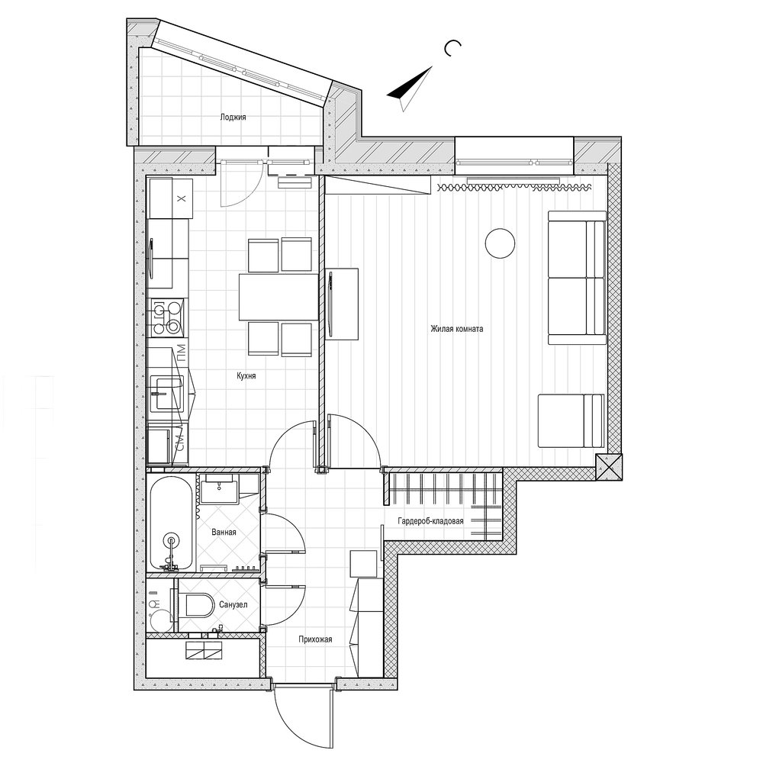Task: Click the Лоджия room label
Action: [233, 118]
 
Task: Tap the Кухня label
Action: [246, 375]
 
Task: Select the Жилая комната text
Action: [456, 329]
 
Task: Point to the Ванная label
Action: [224, 532]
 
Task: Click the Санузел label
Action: [233, 605]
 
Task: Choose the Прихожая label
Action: [315, 639]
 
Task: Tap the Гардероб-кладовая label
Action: [430, 521]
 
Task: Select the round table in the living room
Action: [500, 243]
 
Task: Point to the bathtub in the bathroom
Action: [171, 524]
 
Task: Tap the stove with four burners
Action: [167, 317]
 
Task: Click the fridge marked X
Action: [170, 198]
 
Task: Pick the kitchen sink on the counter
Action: [167, 392]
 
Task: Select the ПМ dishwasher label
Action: [180, 350]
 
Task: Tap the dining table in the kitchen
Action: [278, 297]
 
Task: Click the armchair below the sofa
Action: [571, 420]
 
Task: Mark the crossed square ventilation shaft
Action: [609, 466]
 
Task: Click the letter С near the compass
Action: [452, 48]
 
